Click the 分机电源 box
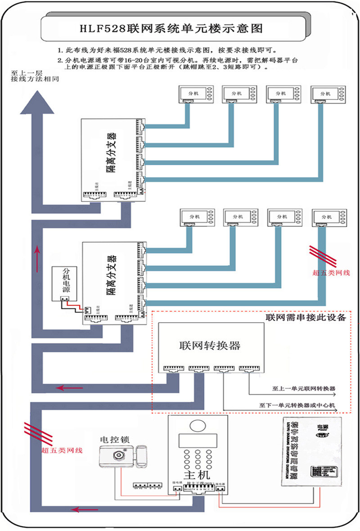click(66, 284)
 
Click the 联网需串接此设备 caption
click(305, 317)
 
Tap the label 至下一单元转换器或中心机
click(297, 405)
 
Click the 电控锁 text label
click(115, 438)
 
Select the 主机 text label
click(198, 476)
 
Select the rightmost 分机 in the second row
click(329, 217)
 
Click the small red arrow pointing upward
click(37, 254)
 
